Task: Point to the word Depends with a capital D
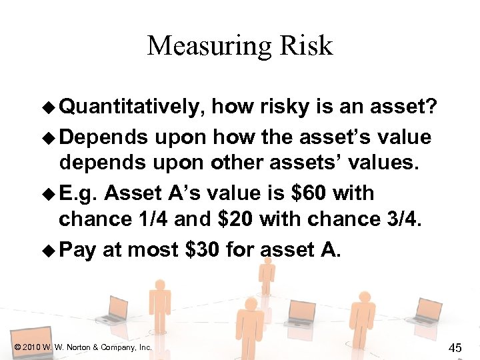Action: pos(103,137)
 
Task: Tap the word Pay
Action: pos(77,249)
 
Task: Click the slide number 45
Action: pos(456,347)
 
